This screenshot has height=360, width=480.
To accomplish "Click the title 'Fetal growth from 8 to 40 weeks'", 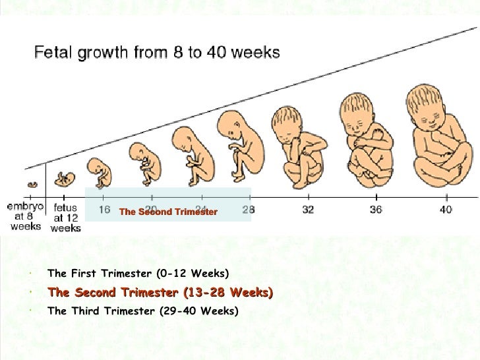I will (157, 53).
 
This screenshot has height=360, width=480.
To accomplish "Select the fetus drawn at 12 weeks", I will (64, 179).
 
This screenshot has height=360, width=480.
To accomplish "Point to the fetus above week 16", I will (99, 173).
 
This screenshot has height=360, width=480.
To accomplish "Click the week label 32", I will (308, 210).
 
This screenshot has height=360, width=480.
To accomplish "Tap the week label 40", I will (446, 210).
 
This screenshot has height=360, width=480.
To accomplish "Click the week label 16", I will (104, 210).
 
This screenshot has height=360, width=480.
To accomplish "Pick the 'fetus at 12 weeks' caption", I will (65, 217).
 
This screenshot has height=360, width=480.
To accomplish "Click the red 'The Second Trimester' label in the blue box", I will (168, 212).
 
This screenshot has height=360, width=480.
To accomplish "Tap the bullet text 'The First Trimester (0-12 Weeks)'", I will (138, 273).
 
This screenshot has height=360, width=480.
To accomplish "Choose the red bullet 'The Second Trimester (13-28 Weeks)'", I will (160, 292).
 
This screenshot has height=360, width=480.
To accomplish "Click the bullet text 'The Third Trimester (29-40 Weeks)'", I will (142, 311).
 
